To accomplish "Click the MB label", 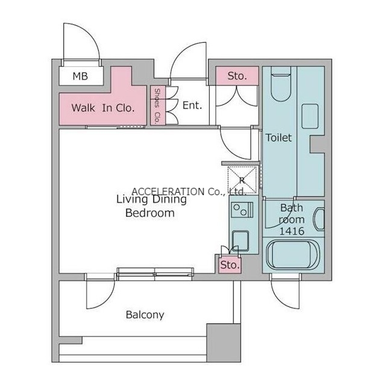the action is [80, 76].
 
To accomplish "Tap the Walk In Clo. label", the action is [103, 108].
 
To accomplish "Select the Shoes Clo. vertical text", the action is [157, 106].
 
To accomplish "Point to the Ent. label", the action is [192, 105].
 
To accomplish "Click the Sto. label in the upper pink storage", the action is [237, 76].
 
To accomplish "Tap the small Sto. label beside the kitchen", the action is [230, 265].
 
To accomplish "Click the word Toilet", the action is [279, 138].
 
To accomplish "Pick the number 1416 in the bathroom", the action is [292, 231].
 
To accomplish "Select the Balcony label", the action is [145, 315].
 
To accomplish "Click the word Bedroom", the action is [150, 213].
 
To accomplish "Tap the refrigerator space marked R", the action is [242, 180].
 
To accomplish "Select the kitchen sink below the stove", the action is [241, 241].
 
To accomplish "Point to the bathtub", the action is [293, 255].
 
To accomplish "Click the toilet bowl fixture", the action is [281, 84].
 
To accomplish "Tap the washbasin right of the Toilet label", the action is [310, 116].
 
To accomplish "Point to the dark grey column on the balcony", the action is [224, 343].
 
